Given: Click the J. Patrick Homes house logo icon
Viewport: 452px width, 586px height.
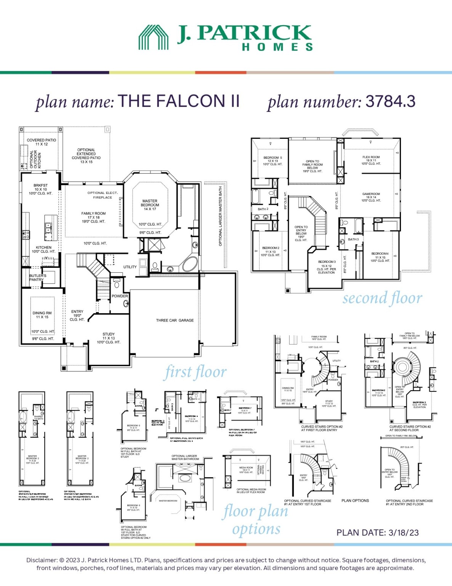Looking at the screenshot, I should click(x=153, y=37).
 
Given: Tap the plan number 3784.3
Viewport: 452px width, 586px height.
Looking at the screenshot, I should click(x=390, y=101).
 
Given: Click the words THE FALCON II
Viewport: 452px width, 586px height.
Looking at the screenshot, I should click(x=179, y=101).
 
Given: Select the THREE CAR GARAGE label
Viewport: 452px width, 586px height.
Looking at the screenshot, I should click(x=175, y=320).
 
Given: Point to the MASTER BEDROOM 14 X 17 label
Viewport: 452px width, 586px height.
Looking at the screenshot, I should click(x=150, y=205).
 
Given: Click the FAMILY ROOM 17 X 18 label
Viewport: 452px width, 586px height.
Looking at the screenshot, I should click(x=93, y=217).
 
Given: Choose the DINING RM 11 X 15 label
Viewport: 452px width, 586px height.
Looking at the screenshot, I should click(x=42, y=315).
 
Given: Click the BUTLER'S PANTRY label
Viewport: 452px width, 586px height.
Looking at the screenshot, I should click(x=37, y=277).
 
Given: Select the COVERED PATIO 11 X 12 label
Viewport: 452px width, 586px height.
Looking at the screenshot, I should click(x=42, y=142).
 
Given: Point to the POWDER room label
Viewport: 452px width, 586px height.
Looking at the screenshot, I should click(x=120, y=296).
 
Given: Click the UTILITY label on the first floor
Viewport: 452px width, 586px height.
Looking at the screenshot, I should click(x=130, y=267).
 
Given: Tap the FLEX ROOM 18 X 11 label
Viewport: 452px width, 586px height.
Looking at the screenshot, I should click(x=371, y=160).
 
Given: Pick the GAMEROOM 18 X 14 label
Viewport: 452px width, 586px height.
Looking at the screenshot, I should click(x=371, y=197).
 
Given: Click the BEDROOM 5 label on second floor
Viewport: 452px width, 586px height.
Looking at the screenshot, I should click(x=272, y=161).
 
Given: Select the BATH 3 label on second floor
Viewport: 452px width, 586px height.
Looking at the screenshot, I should click(x=353, y=240).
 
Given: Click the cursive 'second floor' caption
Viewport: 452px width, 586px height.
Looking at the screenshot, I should click(x=382, y=298).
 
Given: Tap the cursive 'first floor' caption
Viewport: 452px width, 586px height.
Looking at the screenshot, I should click(x=196, y=372).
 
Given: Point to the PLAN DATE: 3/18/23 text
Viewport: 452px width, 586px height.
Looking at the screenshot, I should click(x=377, y=533).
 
